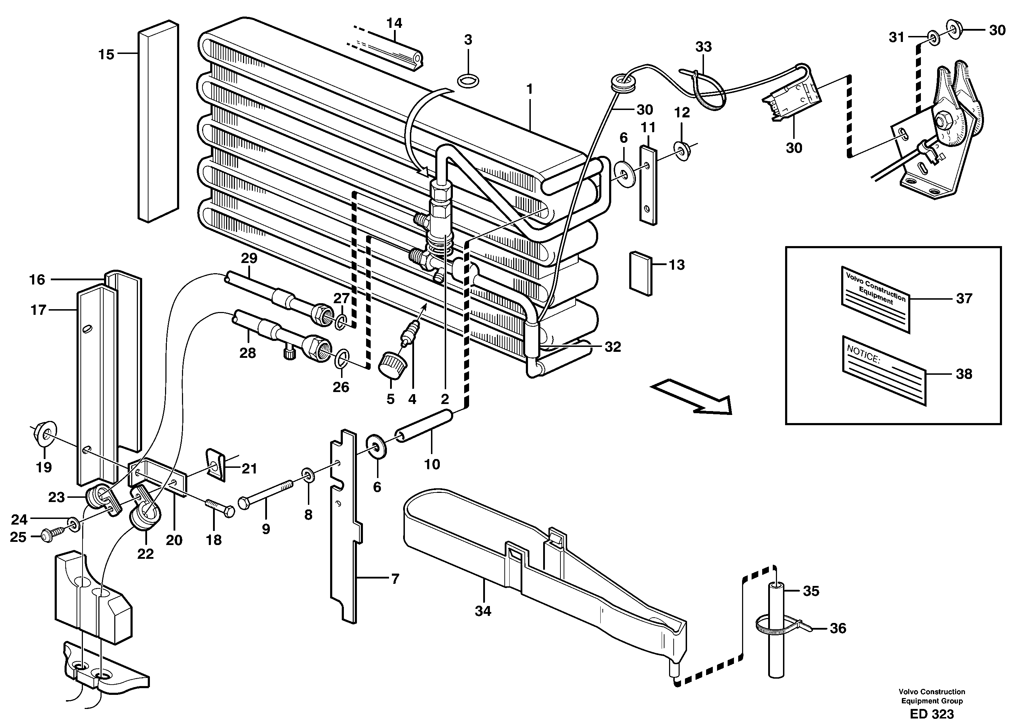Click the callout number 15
pos(106,55)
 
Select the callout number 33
pos(703,47)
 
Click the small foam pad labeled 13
pos(641,273)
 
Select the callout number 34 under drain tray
pos(483,611)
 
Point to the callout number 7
pos(394,580)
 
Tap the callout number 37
pos(964,298)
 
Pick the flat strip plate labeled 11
pos(648,185)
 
